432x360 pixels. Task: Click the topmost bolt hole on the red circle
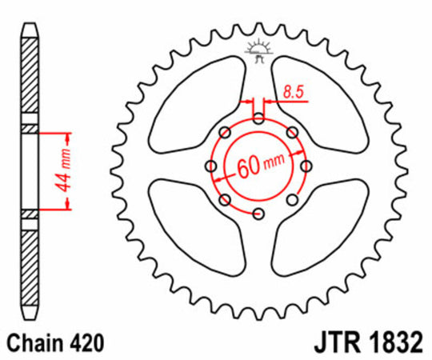[x=258, y=119]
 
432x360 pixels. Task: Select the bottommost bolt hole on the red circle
[x=258, y=213]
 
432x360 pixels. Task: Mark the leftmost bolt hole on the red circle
[x=211, y=166]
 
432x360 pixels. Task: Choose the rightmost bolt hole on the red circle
[x=305, y=166]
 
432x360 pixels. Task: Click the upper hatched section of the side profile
[x=29, y=76]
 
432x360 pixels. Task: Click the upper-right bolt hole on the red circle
[x=291, y=133]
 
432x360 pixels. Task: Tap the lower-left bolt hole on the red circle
[x=225, y=199]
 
